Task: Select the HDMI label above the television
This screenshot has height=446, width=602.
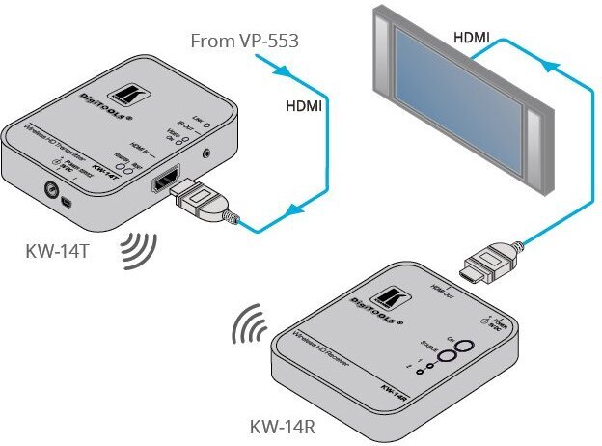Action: pos(472,38)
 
